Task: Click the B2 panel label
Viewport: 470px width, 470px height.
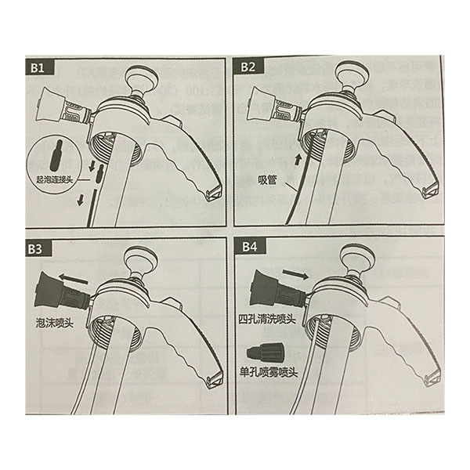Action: (248, 67)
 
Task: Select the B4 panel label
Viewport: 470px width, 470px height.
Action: (250, 247)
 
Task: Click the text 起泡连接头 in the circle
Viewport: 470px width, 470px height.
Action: (55, 180)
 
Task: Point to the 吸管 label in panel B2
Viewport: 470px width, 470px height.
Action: (267, 180)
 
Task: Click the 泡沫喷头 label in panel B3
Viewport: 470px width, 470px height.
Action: (54, 323)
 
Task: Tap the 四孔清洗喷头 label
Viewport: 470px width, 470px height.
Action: (267, 319)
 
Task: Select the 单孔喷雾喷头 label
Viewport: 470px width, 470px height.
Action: (269, 373)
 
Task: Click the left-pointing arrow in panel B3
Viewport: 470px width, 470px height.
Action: (74, 279)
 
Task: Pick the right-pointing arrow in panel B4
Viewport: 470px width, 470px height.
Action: (295, 273)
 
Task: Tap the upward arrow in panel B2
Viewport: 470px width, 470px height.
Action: (298, 160)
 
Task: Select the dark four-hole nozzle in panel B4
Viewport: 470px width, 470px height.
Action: (277, 288)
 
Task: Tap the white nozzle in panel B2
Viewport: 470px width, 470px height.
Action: (273, 105)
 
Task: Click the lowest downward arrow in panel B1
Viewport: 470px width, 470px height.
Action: (81, 200)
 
